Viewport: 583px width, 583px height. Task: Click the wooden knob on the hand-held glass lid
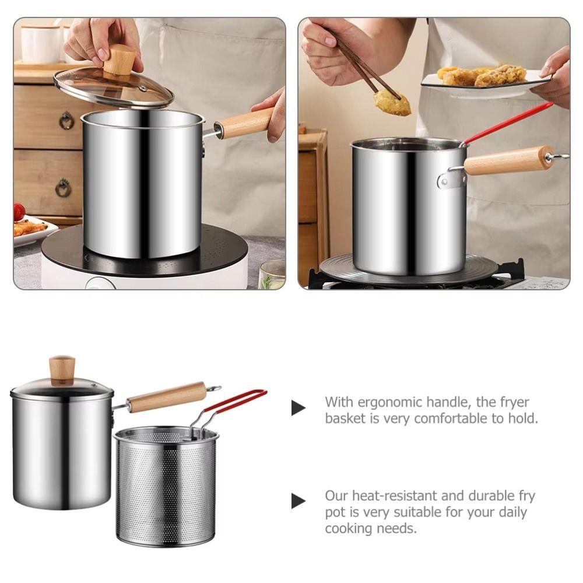(120, 60)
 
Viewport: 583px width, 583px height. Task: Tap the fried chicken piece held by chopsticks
(392, 103)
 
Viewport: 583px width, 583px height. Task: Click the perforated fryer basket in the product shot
(166, 487)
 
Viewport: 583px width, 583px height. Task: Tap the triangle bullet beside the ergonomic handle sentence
(298, 408)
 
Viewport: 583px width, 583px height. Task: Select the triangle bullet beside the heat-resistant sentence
(298, 501)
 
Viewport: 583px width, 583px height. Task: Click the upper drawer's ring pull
(66, 120)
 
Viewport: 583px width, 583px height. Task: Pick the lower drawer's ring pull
(63, 188)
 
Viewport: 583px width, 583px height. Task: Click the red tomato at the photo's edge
(19, 212)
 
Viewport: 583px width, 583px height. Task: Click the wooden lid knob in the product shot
(62, 370)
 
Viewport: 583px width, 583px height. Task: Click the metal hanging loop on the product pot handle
(214, 388)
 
